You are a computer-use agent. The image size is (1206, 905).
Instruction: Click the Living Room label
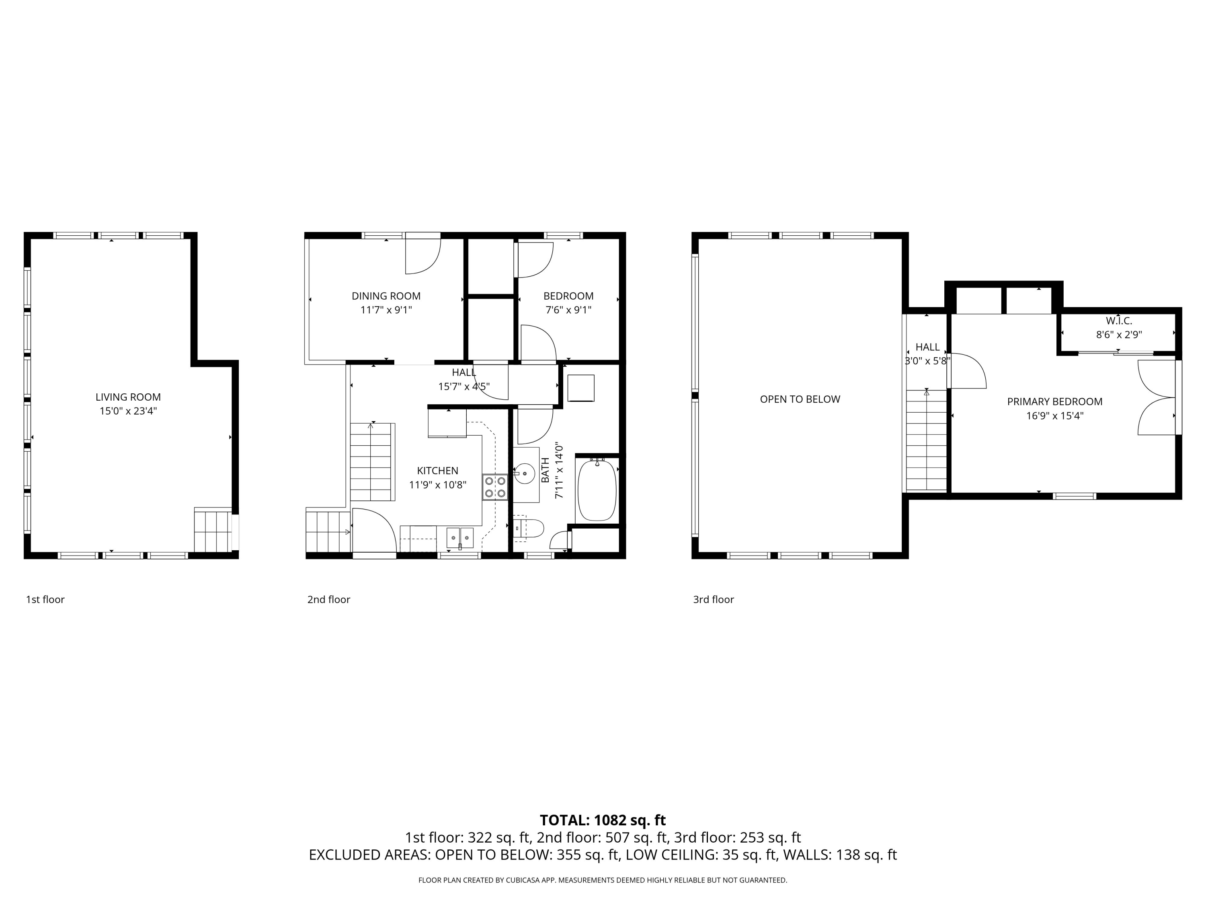pyautogui.click(x=128, y=397)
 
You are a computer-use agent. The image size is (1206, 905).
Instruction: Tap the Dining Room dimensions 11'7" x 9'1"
pyautogui.click(x=386, y=310)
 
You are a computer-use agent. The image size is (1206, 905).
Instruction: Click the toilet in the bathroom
pyautogui.click(x=529, y=528)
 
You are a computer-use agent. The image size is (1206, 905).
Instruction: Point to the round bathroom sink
pyautogui.click(x=525, y=473)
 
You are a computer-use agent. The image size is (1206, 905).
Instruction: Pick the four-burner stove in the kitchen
pyautogui.click(x=495, y=487)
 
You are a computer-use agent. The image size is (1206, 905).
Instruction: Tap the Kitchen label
pyautogui.click(x=438, y=471)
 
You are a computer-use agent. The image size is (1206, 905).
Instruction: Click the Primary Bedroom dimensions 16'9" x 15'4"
pyautogui.click(x=1054, y=415)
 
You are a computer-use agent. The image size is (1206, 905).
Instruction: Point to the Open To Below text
pyautogui.click(x=800, y=399)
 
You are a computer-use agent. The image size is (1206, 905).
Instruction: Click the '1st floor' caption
pyautogui.click(x=45, y=600)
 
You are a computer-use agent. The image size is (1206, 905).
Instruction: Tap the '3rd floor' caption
pyautogui.click(x=713, y=600)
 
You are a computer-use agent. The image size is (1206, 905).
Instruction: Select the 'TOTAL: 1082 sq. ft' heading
pyautogui.click(x=603, y=820)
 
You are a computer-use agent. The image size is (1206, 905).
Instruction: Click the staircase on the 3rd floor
pyautogui.click(x=926, y=440)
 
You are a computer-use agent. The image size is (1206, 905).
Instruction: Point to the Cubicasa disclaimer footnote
pyautogui.click(x=603, y=880)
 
